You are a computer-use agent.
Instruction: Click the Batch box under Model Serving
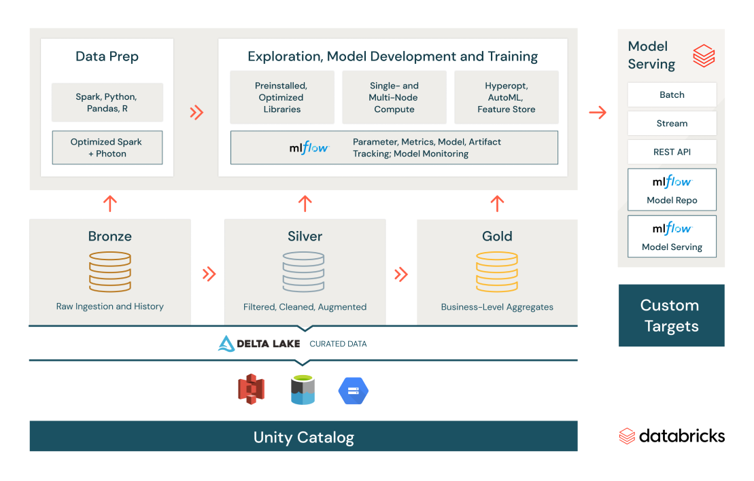tap(672, 95)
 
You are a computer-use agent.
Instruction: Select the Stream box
tap(672, 124)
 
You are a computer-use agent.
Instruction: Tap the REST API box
tap(672, 152)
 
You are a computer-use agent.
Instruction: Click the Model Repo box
tap(672, 190)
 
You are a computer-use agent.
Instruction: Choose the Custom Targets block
tap(671, 315)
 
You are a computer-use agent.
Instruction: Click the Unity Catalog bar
tap(303, 436)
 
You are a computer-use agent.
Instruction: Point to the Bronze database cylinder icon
tap(109, 272)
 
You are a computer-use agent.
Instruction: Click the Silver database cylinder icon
tap(305, 272)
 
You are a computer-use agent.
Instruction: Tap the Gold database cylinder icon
tap(497, 272)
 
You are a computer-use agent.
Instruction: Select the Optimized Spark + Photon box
tap(107, 147)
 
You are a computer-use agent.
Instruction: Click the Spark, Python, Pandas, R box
tap(107, 103)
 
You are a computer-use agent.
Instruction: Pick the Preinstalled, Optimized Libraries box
tap(282, 97)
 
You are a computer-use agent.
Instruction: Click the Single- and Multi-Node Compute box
tap(394, 97)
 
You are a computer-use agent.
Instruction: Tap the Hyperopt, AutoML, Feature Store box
tap(507, 97)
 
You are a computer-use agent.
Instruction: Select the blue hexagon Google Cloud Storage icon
tap(354, 391)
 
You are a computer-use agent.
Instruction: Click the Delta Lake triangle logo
tap(226, 344)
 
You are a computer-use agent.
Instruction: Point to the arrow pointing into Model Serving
tap(598, 113)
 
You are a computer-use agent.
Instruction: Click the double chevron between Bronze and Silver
tap(209, 274)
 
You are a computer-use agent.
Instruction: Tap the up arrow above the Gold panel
tap(497, 203)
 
